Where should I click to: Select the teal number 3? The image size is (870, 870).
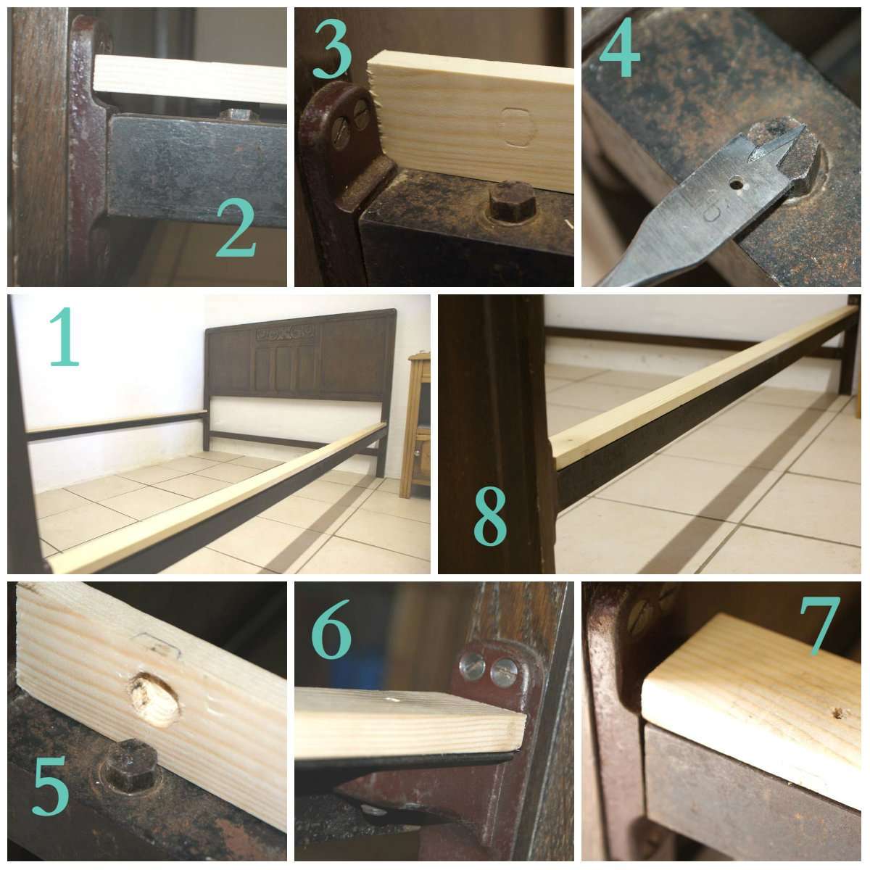tap(333, 50)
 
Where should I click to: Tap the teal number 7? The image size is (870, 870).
tap(819, 625)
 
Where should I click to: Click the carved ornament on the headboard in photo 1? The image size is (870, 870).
tap(282, 334)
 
